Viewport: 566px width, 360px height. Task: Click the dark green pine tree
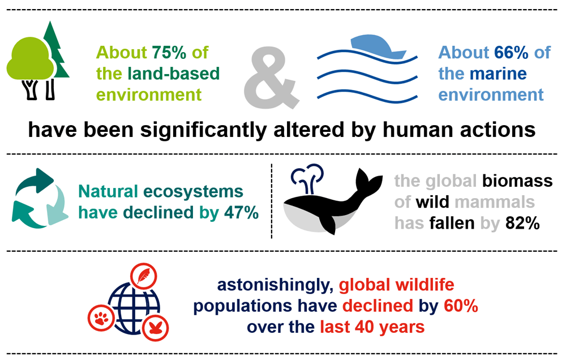[56, 50]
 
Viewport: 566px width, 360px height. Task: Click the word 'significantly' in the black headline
[204, 130]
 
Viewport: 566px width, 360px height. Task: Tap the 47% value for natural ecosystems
[242, 212]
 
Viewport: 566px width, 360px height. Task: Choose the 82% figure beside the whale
[522, 223]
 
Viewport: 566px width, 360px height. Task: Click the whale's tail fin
[368, 182]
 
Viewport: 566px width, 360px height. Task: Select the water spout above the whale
[307, 177]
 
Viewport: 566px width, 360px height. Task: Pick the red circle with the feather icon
[144, 276]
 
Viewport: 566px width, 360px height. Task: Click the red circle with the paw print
[101, 318]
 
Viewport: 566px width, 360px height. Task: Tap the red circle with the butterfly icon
[156, 328]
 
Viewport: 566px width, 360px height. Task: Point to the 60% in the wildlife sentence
[461, 306]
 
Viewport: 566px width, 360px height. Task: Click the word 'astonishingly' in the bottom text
[275, 285]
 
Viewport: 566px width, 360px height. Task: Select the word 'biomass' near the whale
[517, 181]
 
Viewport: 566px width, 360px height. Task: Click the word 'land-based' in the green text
[174, 74]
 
